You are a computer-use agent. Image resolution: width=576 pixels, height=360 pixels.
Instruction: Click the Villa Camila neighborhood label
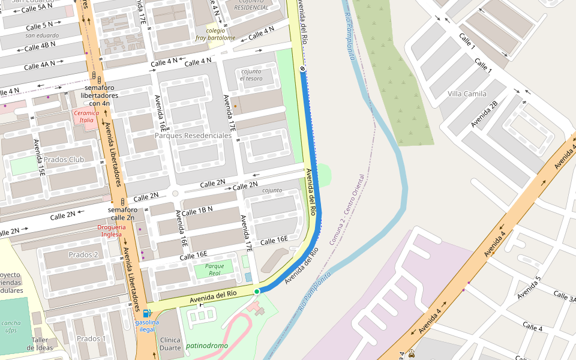click(x=467, y=94)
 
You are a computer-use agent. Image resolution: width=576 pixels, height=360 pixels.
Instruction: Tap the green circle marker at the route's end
click(x=257, y=292)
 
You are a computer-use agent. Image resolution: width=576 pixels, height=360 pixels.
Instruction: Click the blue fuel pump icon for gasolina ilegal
click(x=147, y=313)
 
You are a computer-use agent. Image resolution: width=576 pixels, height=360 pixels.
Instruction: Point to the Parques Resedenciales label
click(x=193, y=136)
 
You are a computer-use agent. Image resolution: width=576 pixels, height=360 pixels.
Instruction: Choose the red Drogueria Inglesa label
click(x=112, y=230)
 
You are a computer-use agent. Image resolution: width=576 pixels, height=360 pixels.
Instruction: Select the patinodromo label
click(x=207, y=346)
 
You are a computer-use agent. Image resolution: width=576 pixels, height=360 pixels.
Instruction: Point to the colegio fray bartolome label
click(x=215, y=34)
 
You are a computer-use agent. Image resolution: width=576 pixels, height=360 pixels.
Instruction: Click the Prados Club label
click(x=64, y=160)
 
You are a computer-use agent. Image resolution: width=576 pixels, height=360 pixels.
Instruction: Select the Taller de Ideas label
click(x=43, y=343)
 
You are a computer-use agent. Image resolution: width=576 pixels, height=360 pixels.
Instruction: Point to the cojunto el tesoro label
click(x=251, y=75)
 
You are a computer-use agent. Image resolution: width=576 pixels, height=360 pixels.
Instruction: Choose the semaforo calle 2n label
click(x=122, y=214)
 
